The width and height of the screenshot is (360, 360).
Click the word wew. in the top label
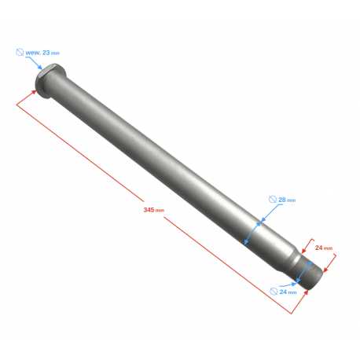33,53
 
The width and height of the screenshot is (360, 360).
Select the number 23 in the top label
46,53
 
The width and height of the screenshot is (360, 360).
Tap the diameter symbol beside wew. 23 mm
20,52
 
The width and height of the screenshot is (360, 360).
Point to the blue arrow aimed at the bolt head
35,63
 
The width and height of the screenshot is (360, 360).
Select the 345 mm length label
153,210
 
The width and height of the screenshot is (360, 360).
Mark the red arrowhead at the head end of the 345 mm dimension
34,92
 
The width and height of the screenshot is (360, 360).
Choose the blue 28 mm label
287,200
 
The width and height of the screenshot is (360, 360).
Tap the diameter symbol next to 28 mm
273,199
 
